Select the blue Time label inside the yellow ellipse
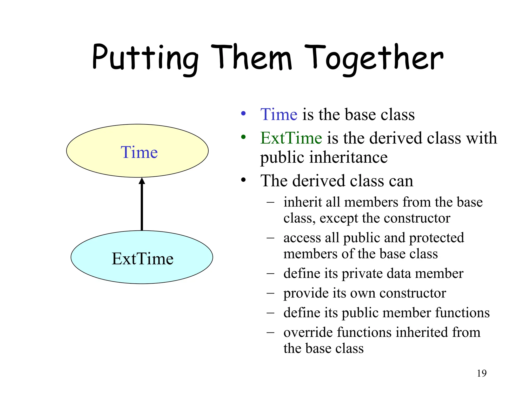pos(139,152)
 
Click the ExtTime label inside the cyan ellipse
pos(143,259)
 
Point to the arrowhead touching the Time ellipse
pos(142,181)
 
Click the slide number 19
pos(482,373)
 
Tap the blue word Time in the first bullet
pos(279,115)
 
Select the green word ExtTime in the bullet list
pos(291,138)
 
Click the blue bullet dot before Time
pos(243,113)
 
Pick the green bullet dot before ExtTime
pos(243,137)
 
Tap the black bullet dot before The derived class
pos(243,180)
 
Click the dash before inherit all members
pos(270,202)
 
